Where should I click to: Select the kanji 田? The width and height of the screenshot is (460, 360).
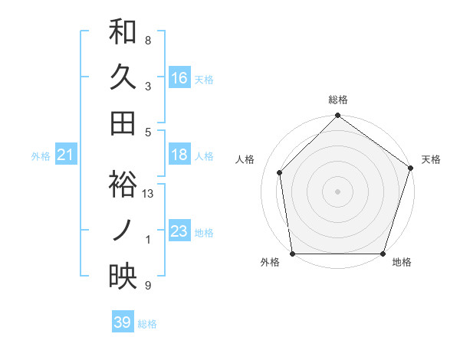pyautogui.click(x=123, y=123)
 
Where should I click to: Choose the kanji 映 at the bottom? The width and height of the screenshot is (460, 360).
pyautogui.click(x=123, y=277)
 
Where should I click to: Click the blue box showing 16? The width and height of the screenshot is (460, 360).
pyautogui.click(x=179, y=77)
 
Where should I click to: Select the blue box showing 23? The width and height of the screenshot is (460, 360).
pyautogui.click(x=179, y=232)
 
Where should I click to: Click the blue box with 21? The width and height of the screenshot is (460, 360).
pyautogui.click(x=65, y=155)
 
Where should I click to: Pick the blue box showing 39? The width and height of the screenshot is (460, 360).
pyautogui.click(x=123, y=322)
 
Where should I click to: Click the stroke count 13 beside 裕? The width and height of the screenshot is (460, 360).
pyautogui.click(x=148, y=194)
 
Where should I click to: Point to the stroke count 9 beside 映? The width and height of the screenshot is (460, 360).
pyautogui.click(x=148, y=286)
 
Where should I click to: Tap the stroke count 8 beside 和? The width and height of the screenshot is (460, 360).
pyautogui.click(x=148, y=40)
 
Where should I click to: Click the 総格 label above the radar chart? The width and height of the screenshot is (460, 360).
pyautogui.click(x=338, y=100)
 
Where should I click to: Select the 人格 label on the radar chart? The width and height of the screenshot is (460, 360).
pyautogui.click(x=245, y=159)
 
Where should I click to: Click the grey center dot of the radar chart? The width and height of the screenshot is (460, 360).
pyautogui.click(x=338, y=191)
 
